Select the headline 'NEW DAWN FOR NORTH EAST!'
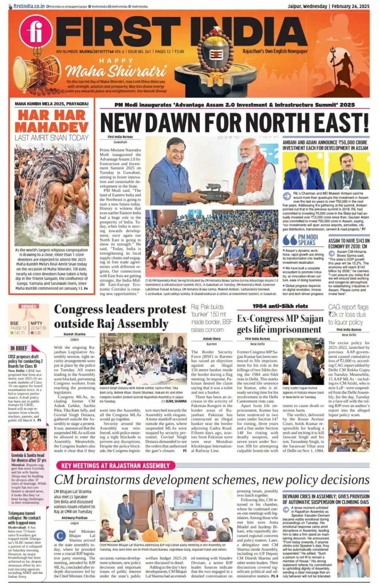click(x=234, y=122)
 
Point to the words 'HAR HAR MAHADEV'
click(x=52, y=121)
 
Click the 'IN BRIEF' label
click(x=19, y=348)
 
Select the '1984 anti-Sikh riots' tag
click(x=280, y=306)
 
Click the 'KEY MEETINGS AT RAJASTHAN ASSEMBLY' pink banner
click(x=116, y=466)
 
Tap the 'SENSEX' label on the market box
click(x=29, y=307)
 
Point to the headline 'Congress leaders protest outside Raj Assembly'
click(x=120, y=316)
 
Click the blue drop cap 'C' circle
click(x=60, y=535)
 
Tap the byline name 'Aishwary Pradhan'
click(x=74, y=518)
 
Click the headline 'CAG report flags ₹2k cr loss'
click(x=348, y=315)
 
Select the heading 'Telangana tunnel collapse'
click(x=25, y=518)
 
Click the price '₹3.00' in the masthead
click(x=179, y=52)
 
